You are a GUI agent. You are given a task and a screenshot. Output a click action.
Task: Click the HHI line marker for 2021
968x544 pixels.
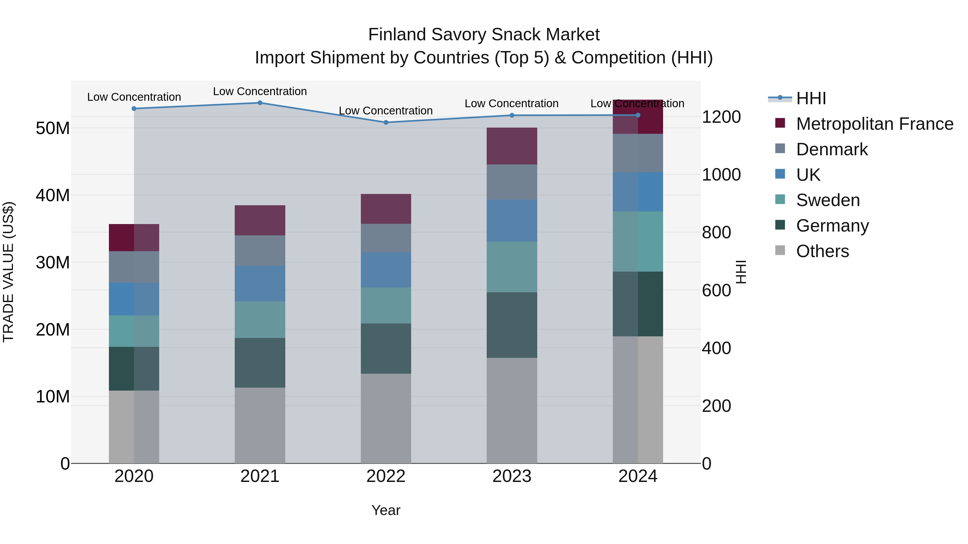pyautogui.click(x=260, y=103)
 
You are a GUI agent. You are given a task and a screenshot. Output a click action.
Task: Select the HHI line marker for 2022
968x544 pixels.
pyautogui.click(x=386, y=123)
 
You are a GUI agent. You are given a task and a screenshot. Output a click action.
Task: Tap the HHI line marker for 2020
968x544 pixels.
pyautogui.click(x=134, y=109)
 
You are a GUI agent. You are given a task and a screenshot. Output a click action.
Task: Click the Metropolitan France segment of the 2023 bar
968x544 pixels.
pyautogui.click(x=511, y=146)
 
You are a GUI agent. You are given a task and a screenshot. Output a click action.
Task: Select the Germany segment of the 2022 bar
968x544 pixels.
pyautogui.click(x=386, y=348)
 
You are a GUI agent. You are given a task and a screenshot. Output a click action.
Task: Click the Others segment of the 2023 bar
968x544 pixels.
pyautogui.click(x=511, y=410)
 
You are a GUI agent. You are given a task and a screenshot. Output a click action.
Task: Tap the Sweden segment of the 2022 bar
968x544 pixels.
pyautogui.click(x=386, y=305)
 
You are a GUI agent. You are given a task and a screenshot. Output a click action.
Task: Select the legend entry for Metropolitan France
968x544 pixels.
pyautogui.click(x=874, y=124)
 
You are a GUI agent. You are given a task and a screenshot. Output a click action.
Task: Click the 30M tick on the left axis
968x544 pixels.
pyautogui.click(x=53, y=262)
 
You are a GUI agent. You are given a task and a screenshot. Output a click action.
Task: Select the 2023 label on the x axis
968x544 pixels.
pyautogui.click(x=511, y=476)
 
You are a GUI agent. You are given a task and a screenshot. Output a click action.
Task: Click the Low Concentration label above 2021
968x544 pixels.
pyautogui.click(x=260, y=91)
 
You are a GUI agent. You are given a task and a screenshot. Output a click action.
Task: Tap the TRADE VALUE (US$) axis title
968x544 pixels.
pyautogui.click(x=8, y=272)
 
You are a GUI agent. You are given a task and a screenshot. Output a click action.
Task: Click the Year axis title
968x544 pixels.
pyautogui.click(x=386, y=510)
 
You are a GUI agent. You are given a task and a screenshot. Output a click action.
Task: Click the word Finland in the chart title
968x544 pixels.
pyautogui.click(x=397, y=35)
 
